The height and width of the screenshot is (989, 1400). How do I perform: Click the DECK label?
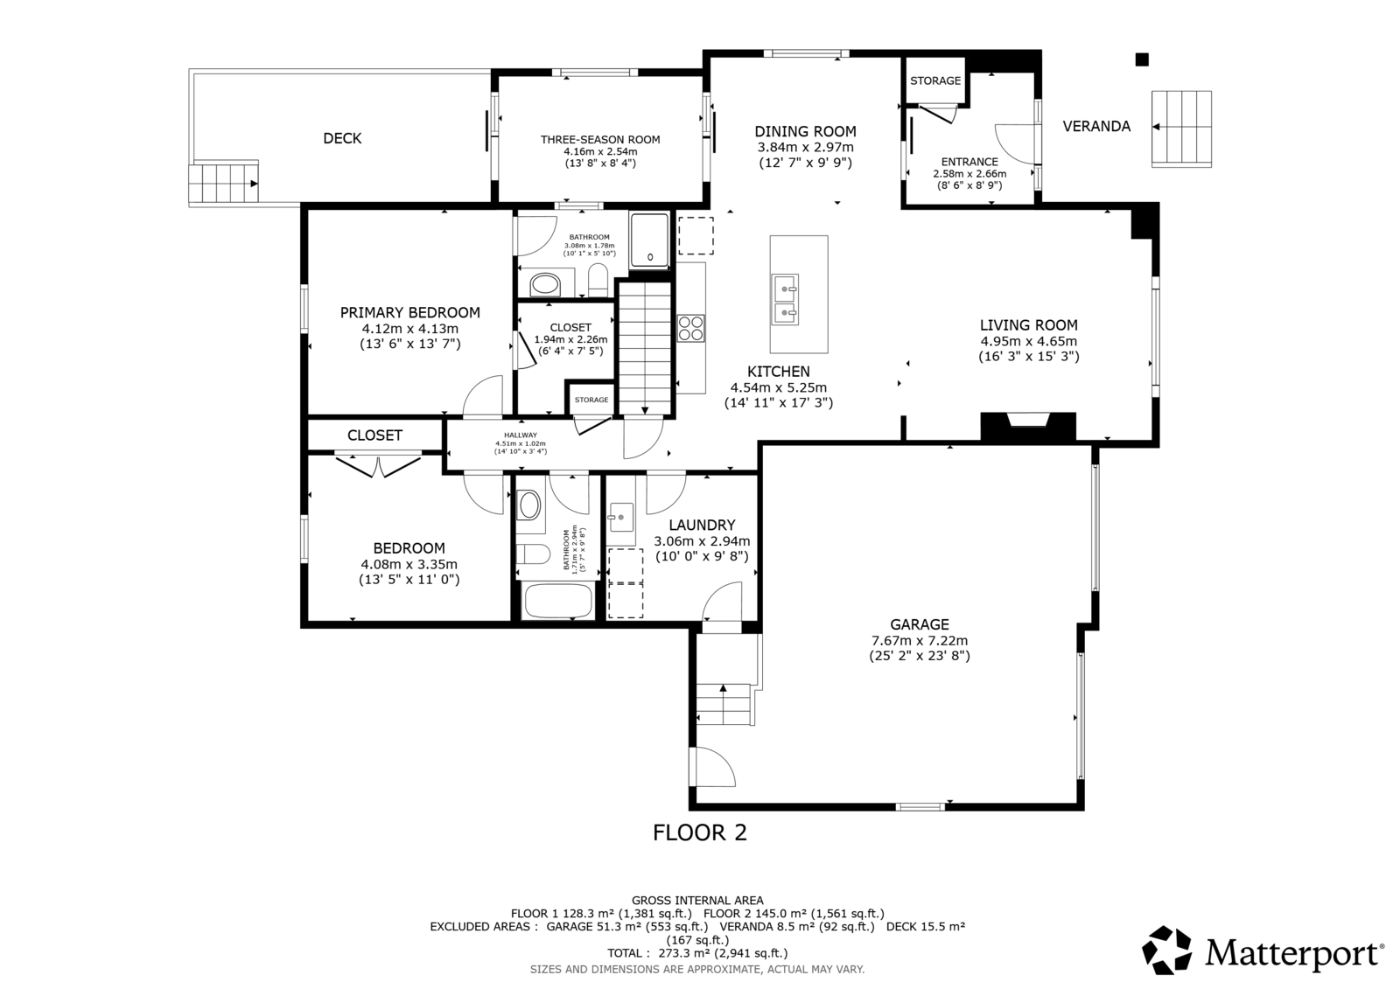342,138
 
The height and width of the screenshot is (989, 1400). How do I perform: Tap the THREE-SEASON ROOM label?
600,139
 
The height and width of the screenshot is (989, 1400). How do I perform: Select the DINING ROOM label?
805,131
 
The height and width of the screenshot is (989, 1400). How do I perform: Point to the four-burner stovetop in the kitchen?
690,328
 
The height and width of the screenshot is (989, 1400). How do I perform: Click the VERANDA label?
1096,126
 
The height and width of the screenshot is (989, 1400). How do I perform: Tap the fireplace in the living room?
1028,428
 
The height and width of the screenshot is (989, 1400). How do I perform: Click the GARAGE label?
920,624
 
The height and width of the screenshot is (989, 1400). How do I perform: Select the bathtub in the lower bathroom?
557,601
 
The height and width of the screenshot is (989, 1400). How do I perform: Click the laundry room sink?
621,518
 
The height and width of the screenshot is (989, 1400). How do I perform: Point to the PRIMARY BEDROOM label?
410,312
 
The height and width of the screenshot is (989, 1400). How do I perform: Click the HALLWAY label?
521,435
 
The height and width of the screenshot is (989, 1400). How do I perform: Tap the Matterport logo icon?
1166,950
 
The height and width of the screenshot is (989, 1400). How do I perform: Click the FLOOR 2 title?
700,832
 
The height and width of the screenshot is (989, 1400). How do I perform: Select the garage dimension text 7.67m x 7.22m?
920,640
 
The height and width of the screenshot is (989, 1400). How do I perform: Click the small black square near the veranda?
1142,59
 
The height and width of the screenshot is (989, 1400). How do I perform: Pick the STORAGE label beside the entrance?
935,80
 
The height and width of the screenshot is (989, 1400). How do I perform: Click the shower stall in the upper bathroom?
649,240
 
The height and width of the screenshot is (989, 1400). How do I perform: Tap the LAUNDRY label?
702,525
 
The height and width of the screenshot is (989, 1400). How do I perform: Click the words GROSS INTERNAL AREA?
697,901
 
